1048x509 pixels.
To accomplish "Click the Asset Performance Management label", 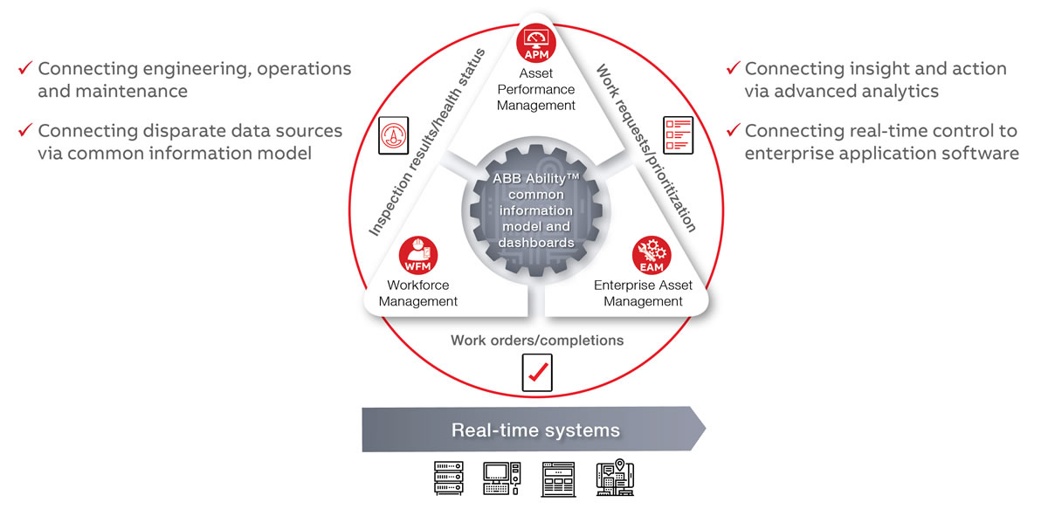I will (x=536, y=90).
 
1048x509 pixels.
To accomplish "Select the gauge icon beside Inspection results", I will (x=393, y=137).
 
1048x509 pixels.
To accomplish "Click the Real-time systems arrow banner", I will (x=534, y=430).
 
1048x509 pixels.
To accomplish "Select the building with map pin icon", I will (x=615, y=478).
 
